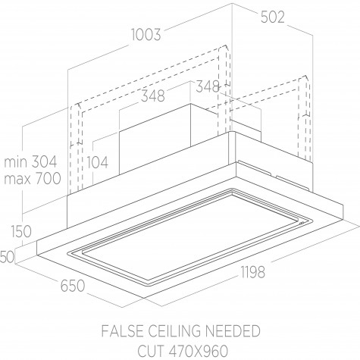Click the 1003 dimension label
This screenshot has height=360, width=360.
pyautogui.click(x=146, y=35)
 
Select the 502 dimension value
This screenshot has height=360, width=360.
pyautogui.click(x=272, y=17)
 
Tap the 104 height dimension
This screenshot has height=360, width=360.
pyautogui.click(x=98, y=162)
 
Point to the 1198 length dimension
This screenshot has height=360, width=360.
pyautogui.click(x=252, y=272)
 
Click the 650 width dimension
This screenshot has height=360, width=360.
pyautogui.click(x=73, y=286)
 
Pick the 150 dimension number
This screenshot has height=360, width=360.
pyautogui.click(x=21, y=231)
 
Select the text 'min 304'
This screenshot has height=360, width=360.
pyautogui.click(x=30, y=162)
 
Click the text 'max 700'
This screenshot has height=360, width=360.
pyautogui.click(x=33, y=178)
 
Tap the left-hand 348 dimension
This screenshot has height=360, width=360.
pyautogui.click(x=153, y=96)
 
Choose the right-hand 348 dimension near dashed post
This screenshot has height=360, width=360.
pyautogui.click(x=208, y=86)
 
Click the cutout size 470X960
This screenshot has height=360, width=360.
pyautogui.click(x=198, y=351)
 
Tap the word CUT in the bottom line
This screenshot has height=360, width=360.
pyautogui.click(x=150, y=351)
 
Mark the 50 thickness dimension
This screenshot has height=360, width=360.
pyautogui.click(x=7, y=257)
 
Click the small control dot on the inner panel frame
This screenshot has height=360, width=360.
pyautogui.click(x=301, y=223)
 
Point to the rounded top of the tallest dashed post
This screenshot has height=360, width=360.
pyautogui.click(x=224, y=47)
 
